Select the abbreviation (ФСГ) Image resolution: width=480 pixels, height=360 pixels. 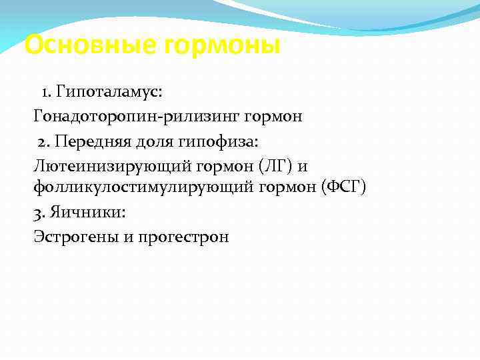(x=343, y=187)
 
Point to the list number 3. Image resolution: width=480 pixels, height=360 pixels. (x=38, y=213)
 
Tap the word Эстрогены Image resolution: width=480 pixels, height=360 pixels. (x=75, y=237)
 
